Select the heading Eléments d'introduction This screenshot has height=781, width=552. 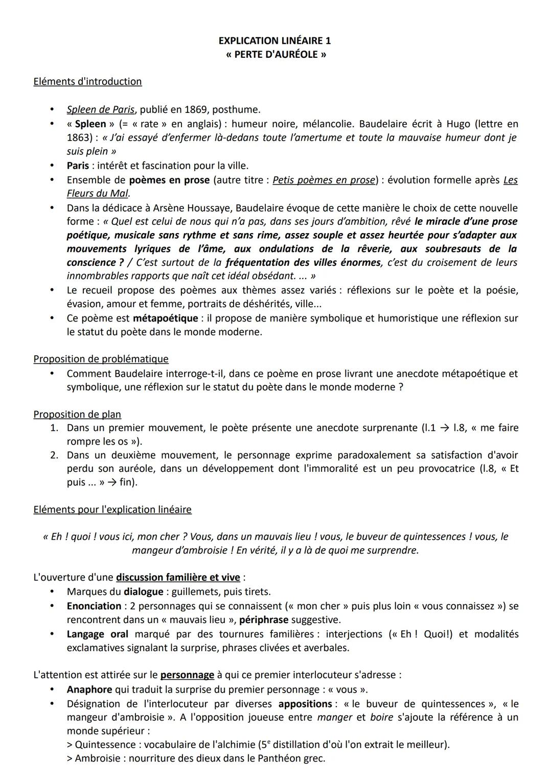point(87,81)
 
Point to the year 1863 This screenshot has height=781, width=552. point(81,137)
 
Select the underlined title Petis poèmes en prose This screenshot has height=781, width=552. point(324,180)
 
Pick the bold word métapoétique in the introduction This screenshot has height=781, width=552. point(165,318)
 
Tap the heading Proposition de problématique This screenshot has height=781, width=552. point(101,359)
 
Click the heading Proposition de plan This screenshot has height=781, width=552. point(77,414)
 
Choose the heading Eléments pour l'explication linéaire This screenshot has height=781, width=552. point(112,509)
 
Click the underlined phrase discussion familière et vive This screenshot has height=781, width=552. point(178,577)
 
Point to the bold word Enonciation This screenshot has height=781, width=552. point(94,606)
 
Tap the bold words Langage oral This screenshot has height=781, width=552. point(97,634)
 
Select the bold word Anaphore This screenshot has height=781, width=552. point(89,689)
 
